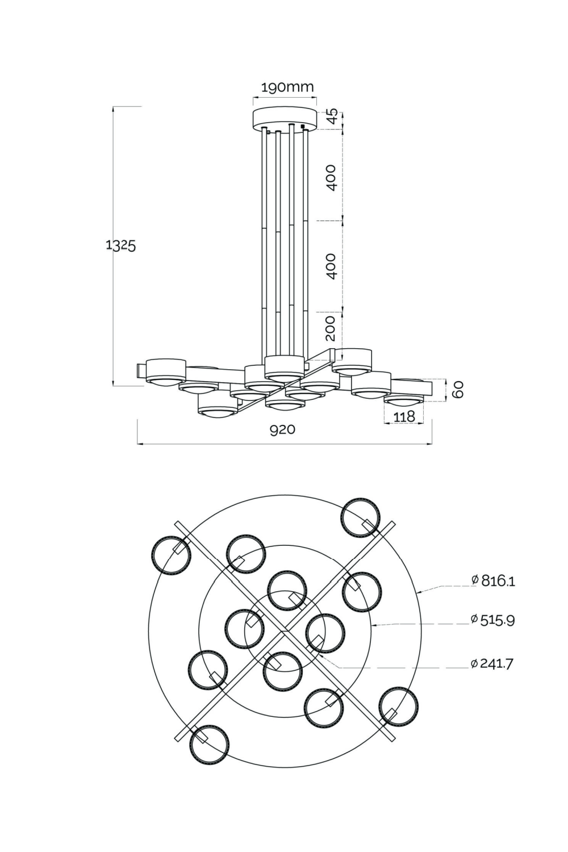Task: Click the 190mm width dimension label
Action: point(287,87)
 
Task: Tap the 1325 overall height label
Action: point(120,246)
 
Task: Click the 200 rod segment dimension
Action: point(332,328)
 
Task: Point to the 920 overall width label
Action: point(282,430)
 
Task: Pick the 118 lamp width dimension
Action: point(404,417)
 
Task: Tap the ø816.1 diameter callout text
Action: point(493,580)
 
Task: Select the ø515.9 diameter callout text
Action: point(492,620)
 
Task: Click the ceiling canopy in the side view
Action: point(284,118)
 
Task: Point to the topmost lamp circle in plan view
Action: point(360,517)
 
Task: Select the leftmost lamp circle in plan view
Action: point(170,554)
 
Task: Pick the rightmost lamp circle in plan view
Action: point(399,706)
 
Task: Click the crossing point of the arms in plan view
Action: point(282,630)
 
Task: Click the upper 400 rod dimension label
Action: point(332,177)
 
